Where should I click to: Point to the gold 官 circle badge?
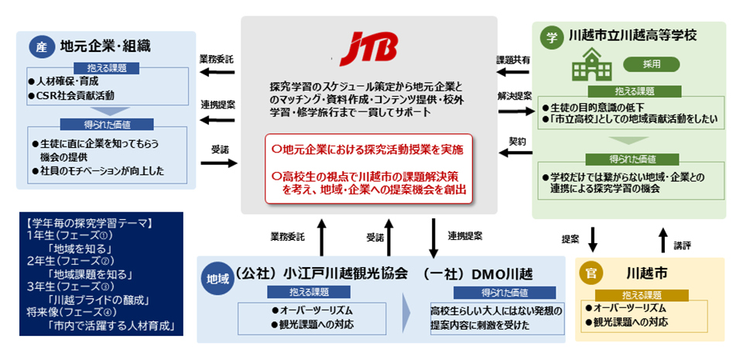point(593,276)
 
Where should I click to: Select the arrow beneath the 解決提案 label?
point(514,111)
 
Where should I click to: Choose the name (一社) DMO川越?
point(478,276)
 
